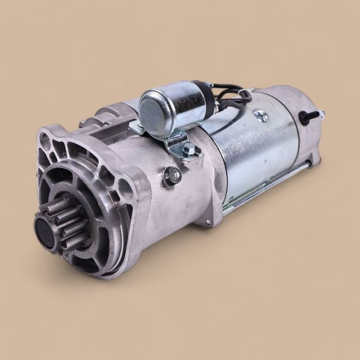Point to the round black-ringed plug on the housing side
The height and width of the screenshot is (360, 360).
coord(171,177)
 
